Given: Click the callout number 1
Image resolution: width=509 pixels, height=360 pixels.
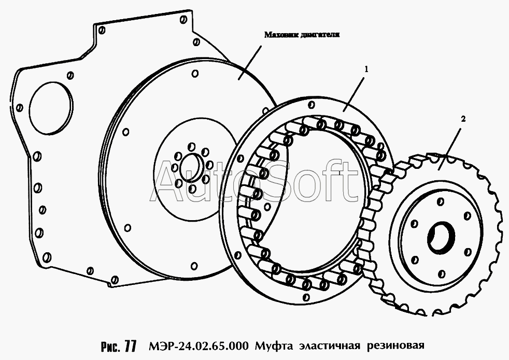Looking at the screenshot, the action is [366, 69].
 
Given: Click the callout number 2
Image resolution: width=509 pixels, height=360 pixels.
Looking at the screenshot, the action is [463, 119].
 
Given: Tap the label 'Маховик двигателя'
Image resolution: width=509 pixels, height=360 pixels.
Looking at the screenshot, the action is [302, 35].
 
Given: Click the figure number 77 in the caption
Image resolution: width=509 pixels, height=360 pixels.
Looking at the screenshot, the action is [130, 346].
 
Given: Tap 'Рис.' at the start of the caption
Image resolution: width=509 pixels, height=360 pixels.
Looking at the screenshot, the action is [110, 346].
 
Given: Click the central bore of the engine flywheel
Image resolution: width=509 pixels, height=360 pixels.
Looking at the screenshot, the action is [192, 167].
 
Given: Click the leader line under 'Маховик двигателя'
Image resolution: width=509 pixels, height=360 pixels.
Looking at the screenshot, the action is [250, 62].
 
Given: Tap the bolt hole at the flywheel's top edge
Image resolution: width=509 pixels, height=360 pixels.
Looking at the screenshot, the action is [195, 74].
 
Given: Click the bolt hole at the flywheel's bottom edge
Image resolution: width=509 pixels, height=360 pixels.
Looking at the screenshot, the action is [194, 266].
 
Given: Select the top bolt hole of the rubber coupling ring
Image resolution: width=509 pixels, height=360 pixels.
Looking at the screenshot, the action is [312, 105].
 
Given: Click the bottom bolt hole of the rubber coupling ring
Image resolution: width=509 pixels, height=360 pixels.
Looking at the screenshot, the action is [305, 297].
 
